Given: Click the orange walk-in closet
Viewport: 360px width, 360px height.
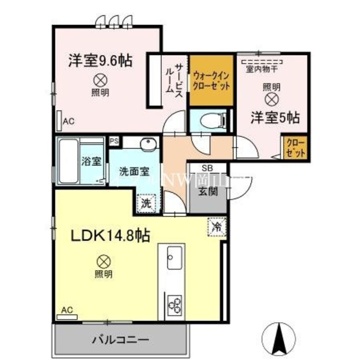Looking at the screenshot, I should pos(211,81).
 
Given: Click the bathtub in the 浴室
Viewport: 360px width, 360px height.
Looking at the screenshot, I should pos(68,161).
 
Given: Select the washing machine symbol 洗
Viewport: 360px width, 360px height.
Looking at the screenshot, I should pos(146,203).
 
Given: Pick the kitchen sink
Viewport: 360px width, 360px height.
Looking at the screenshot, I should pos(174,259).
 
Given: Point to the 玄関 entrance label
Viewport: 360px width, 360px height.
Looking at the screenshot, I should pos(207,191).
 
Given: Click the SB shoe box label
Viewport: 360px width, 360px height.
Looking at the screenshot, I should pos(207,168).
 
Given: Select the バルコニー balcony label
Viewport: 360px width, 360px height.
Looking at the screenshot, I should pos(120,340).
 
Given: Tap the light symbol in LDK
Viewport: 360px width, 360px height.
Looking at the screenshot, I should pos(103,260).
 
